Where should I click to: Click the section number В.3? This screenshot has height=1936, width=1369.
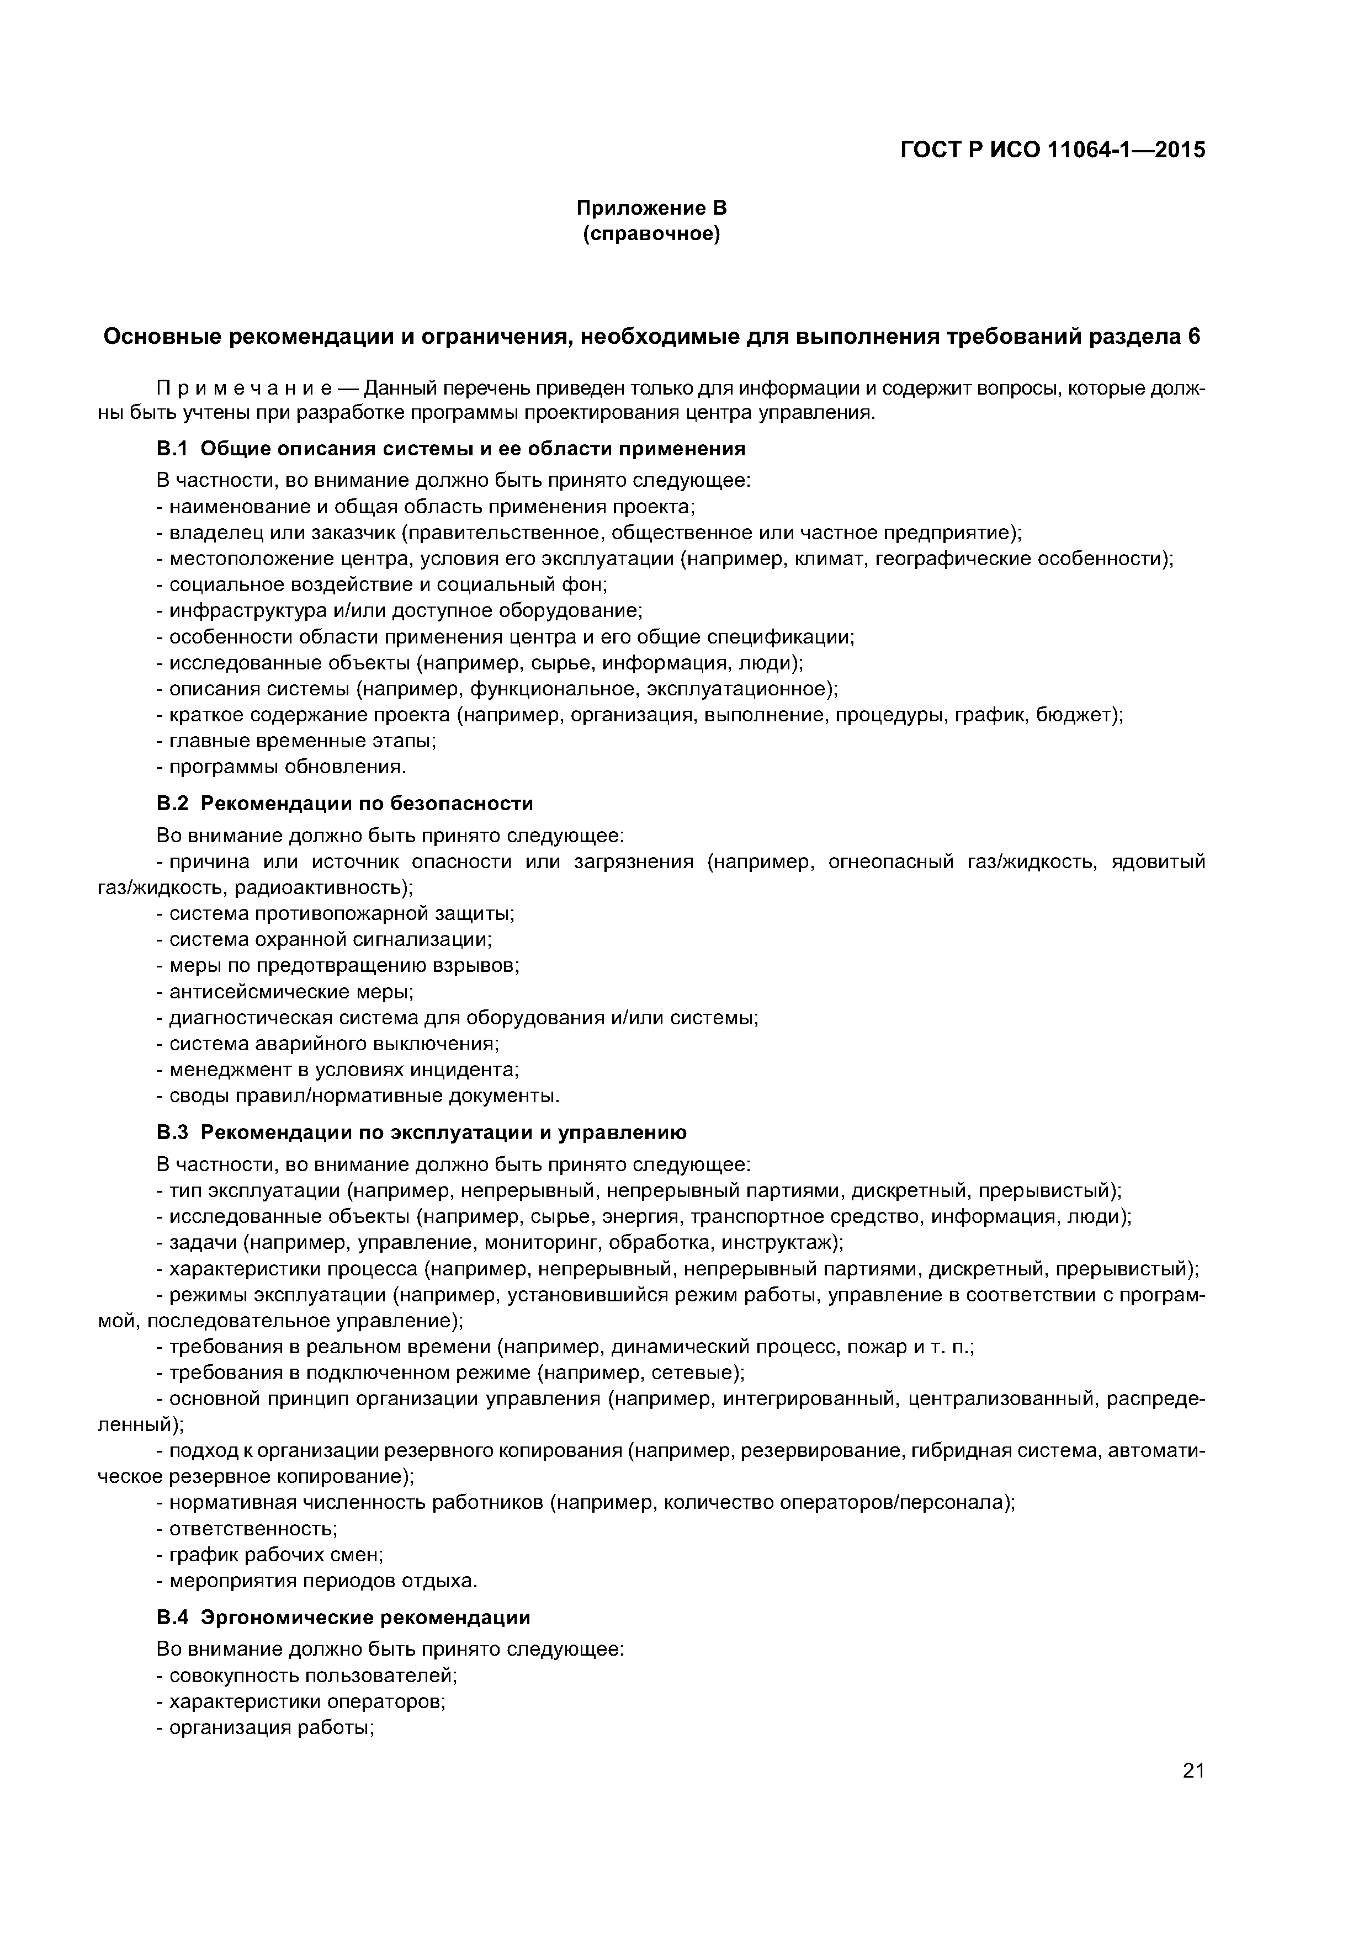(174, 1132)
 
